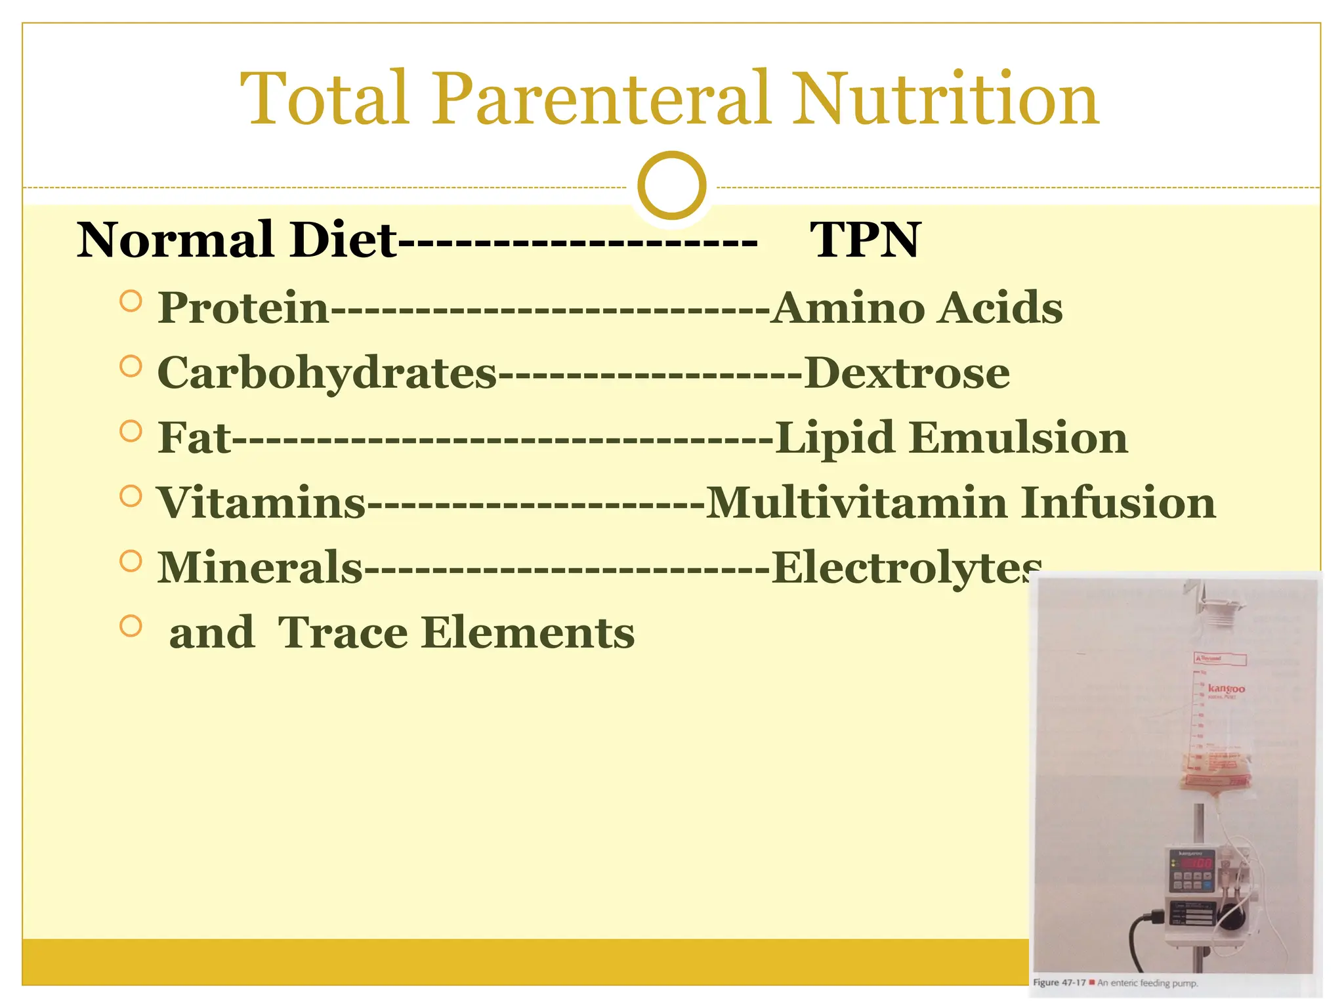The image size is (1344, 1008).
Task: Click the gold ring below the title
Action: (671, 186)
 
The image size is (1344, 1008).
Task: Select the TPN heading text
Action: (865, 240)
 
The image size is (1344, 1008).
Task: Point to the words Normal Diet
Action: (236, 240)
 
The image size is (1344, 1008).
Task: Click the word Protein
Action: (243, 308)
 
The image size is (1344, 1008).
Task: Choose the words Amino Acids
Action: (916, 308)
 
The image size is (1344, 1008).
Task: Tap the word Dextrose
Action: (906, 373)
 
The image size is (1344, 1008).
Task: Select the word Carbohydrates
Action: (327, 373)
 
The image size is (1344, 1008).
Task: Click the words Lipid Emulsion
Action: (951, 438)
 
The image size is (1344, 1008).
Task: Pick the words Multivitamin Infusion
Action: (960, 503)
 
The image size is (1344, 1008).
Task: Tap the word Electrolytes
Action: (906, 568)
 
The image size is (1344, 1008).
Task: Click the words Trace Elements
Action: (456, 633)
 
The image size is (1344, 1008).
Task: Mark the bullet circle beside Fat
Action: (131, 431)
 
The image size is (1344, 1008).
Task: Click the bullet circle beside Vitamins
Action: (131, 496)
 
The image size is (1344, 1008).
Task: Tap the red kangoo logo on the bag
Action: (1225, 688)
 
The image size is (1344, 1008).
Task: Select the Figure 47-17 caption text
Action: (1116, 983)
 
